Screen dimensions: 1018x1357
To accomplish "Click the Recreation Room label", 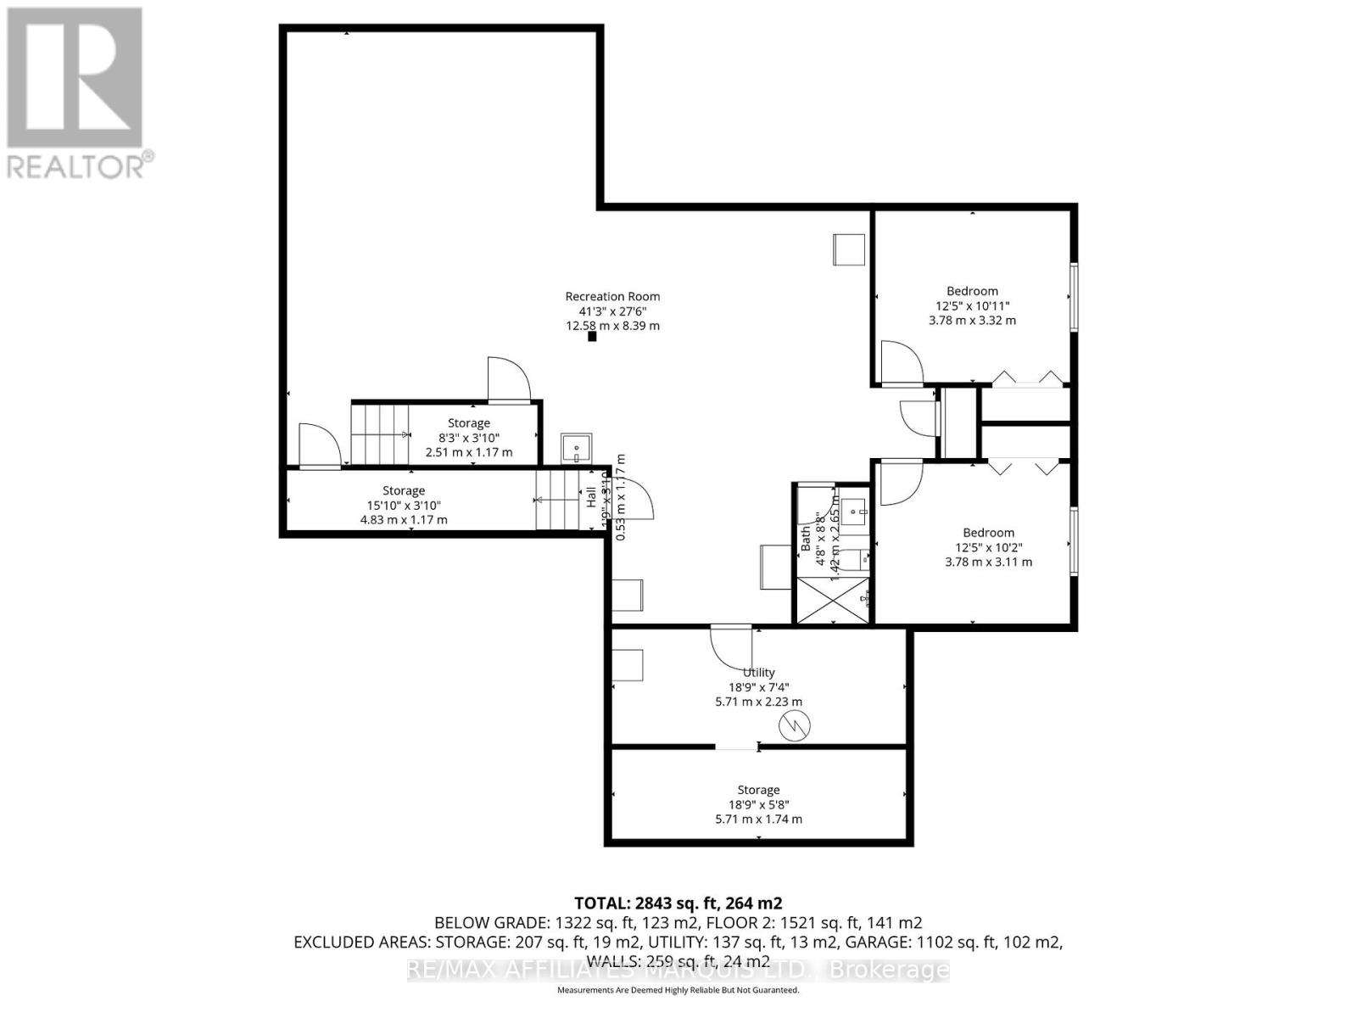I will click(612, 296).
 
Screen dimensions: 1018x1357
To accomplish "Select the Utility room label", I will click(759, 673).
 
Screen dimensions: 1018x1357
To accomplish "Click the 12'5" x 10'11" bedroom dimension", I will click(972, 306).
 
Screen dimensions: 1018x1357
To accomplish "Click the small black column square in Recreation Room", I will click(593, 337).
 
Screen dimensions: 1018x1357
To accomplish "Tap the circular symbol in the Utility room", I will click(795, 724).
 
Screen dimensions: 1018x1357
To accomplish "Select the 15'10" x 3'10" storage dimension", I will click(404, 506).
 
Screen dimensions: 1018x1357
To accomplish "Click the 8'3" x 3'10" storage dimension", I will click(468, 438).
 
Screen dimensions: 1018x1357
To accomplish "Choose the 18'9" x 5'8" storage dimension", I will click(758, 804).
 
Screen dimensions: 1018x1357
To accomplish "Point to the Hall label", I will click(590, 497).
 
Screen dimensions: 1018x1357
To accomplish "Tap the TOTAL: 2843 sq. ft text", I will click(678, 903).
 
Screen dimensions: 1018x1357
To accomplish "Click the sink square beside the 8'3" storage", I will click(577, 446).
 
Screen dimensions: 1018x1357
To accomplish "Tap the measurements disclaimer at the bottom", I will click(678, 990).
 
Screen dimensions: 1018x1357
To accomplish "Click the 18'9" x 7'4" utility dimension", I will click(758, 687).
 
